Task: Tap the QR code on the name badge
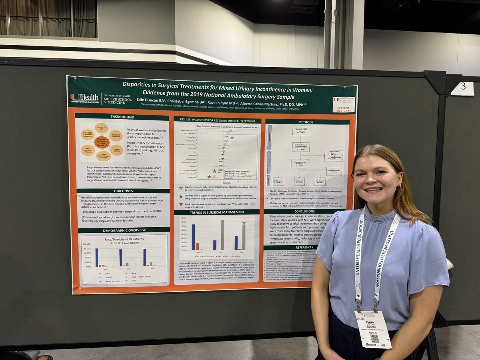[x=374, y=338]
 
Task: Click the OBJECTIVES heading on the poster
[x=123, y=191]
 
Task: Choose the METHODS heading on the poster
[x=306, y=122]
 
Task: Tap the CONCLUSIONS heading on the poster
[x=304, y=211]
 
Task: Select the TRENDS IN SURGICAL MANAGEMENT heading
[x=217, y=212]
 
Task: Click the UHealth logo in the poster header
[x=84, y=97]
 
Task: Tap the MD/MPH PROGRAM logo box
[x=344, y=105]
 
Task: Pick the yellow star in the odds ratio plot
[x=232, y=138]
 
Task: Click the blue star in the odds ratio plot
[x=214, y=171]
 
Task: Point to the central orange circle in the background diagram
[x=102, y=142]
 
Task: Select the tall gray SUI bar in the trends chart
[x=222, y=235]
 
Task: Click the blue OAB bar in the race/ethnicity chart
[x=97, y=257]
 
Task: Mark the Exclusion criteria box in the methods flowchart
[x=333, y=155]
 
